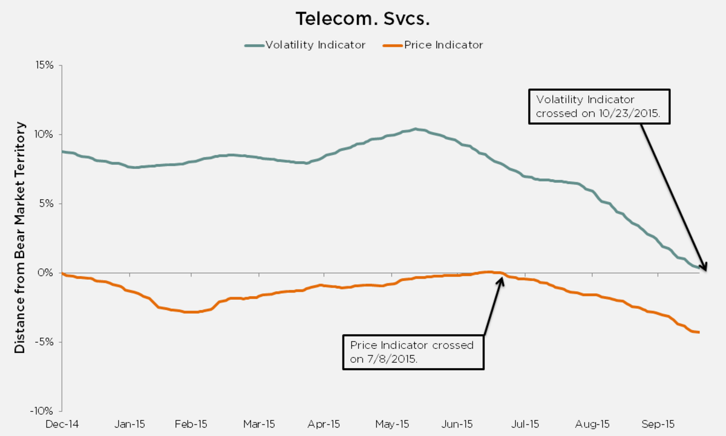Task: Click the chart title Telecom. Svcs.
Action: coord(362,19)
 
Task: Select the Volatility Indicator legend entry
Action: coord(305,45)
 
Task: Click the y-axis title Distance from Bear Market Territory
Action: coord(21,237)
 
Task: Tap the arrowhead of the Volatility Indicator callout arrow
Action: coord(704,268)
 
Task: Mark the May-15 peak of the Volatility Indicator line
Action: coord(415,129)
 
